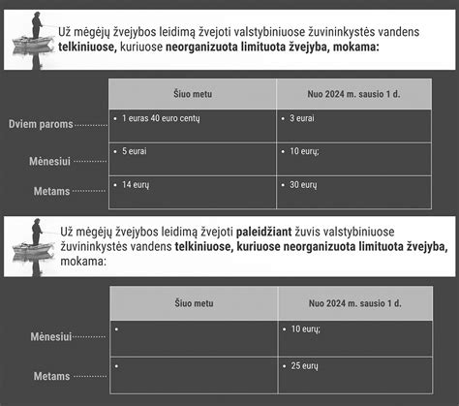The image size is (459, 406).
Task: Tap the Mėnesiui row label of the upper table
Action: pyautogui.click(x=51, y=160)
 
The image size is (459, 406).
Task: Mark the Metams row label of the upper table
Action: pyautogui.click(x=52, y=192)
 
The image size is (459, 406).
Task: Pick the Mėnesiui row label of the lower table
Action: pyautogui.click(x=51, y=337)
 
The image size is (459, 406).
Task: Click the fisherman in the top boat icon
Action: pyautogui.click(x=36, y=25)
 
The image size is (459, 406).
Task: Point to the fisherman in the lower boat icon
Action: pyautogui.click(x=36, y=233)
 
